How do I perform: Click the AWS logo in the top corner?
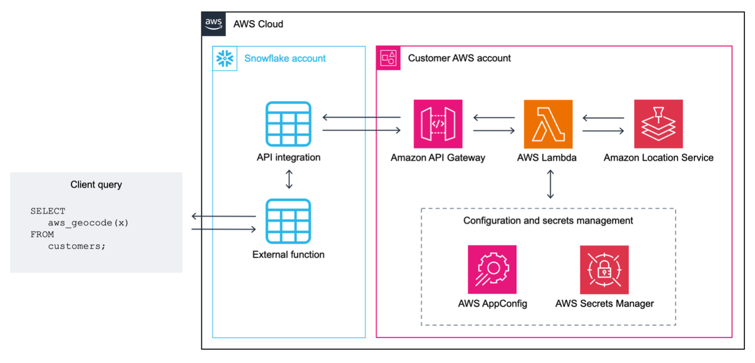pyautogui.click(x=213, y=24)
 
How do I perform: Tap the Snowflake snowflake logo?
pyautogui.click(x=225, y=58)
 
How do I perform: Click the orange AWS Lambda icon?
pyautogui.click(x=548, y=124)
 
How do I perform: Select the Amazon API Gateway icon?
pyautogui.click(x=438, y=124)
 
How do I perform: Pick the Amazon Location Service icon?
pyautogui.click(x=658, y=124)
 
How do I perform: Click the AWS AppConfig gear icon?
pyautogui.click(x=492, y=269)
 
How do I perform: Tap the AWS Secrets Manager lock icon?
pyautogui.click(x=604, y=269)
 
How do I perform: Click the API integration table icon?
pyautogui.click(x=288, y=124)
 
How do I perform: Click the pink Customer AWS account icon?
pyautogui.click(x=388, y=58)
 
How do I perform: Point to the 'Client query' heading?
pyautogui.click(x=96, y=185)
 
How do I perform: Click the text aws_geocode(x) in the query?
pyautogui.click(x=88, y=222)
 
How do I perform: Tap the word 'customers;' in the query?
pyautogui.click(x=77, y=246)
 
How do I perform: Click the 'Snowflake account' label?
pyautogui.click(x=285, y=58)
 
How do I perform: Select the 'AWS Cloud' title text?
pyautogui.click(x=258, y=24)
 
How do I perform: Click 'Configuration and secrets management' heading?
pyautogui.click(x=548, y=220)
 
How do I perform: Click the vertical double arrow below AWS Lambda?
pyautogui.click(x=550, y=184)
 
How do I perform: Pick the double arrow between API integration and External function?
pyautogui.click(x=289, y=179)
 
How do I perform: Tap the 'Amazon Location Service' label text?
pyautogui.click(x=658, y=157)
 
